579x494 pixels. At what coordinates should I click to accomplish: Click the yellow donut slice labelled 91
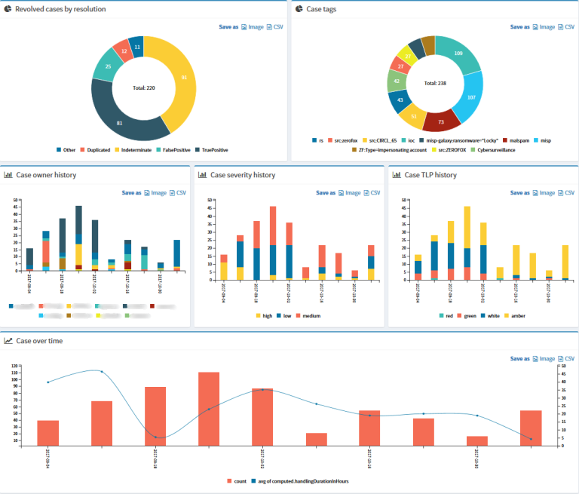pyautogui.click(x=184, y=77)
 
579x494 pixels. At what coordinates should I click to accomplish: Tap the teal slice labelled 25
pyautogui.click(x=109, y=67)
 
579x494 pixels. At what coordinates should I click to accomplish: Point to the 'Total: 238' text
pyautogui.click(x=435, y=84)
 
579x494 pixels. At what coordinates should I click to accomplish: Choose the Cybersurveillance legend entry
pyautogui.click(x=494, y=149)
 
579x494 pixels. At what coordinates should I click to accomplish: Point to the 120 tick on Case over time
pyautogui.click(x=14, y=365)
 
